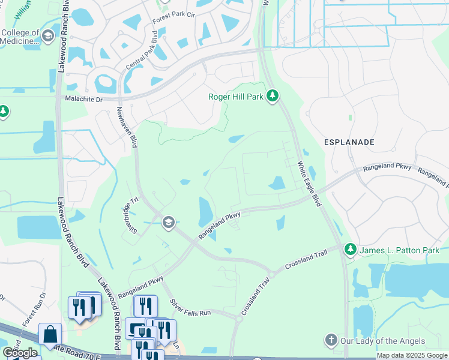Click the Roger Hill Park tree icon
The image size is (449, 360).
(273, 96)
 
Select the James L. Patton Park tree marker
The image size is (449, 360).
(349, 249)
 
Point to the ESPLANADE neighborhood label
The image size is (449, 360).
(349, 142)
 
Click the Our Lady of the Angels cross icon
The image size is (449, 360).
(331, 341)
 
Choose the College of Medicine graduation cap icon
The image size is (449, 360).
(47, 37)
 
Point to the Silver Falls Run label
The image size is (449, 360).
(190, 308)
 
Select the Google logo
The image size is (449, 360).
(20, 353)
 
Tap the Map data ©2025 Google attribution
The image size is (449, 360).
(412, 356)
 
